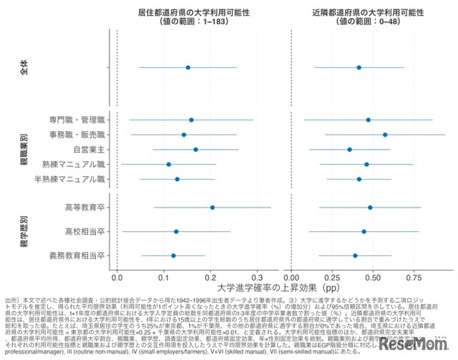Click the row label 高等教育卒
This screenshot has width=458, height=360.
[x=85, y=208]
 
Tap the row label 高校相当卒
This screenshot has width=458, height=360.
[x=85, y=232]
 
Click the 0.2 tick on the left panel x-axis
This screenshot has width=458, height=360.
[x=210, y=276]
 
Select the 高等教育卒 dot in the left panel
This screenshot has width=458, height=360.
[x=213, y=208]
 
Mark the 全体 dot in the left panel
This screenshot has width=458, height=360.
[x=188, y=67]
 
